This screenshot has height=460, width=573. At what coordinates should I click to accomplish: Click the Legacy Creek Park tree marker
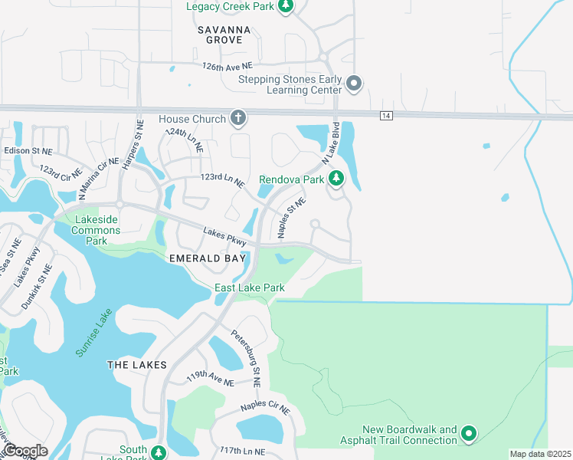(286, 7)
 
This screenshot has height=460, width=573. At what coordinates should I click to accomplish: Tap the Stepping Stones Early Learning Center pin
(353, 84)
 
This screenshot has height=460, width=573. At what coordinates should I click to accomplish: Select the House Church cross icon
(238, 119)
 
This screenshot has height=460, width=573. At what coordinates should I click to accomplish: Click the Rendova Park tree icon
(336, 179)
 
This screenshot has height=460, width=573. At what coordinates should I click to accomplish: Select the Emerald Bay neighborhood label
(207, 258)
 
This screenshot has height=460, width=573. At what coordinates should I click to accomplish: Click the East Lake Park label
(250, 287)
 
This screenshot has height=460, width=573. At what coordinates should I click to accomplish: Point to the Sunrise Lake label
(94, 332)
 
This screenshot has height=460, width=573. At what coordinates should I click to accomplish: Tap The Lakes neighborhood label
(136, 365)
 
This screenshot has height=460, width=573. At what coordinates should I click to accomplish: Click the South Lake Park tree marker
(159, 452)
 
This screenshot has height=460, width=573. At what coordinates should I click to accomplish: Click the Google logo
(25, 451)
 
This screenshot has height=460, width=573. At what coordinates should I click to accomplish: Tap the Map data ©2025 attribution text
(539, 454)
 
